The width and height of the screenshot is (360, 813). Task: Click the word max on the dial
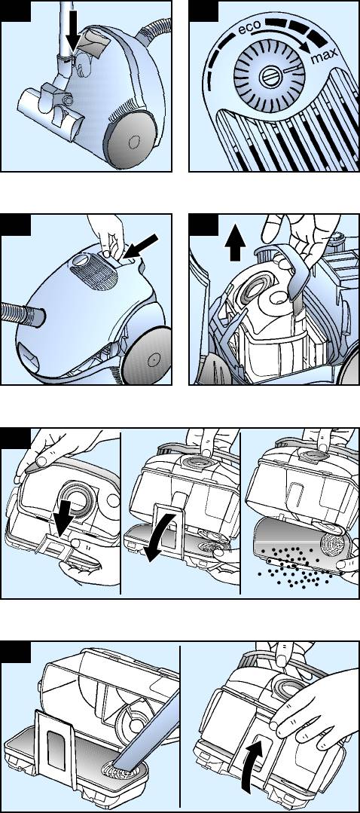tap(325, 53)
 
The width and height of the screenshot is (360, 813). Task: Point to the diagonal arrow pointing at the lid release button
tap(141, 246)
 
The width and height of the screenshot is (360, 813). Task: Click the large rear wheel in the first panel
tap(132, 139)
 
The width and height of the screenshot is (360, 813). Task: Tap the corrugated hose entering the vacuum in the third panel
tap(22, 312)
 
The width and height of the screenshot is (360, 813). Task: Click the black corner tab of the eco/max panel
tap(204, 11)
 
